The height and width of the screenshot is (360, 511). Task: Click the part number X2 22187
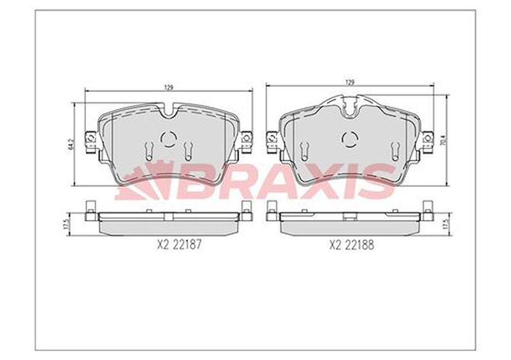tap(178, 245)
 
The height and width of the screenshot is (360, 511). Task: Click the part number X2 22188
tap(352, 245)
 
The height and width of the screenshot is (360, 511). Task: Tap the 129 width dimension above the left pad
tap(169, 87)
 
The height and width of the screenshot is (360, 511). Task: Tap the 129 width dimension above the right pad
tap(350, 81)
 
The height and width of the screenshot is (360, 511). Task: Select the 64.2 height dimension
tap(71, 144)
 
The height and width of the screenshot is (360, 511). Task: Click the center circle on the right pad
tap(350, 139)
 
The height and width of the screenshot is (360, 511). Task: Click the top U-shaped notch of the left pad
tap(169, 111)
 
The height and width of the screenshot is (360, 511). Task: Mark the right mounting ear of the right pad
tap(428, 138)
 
